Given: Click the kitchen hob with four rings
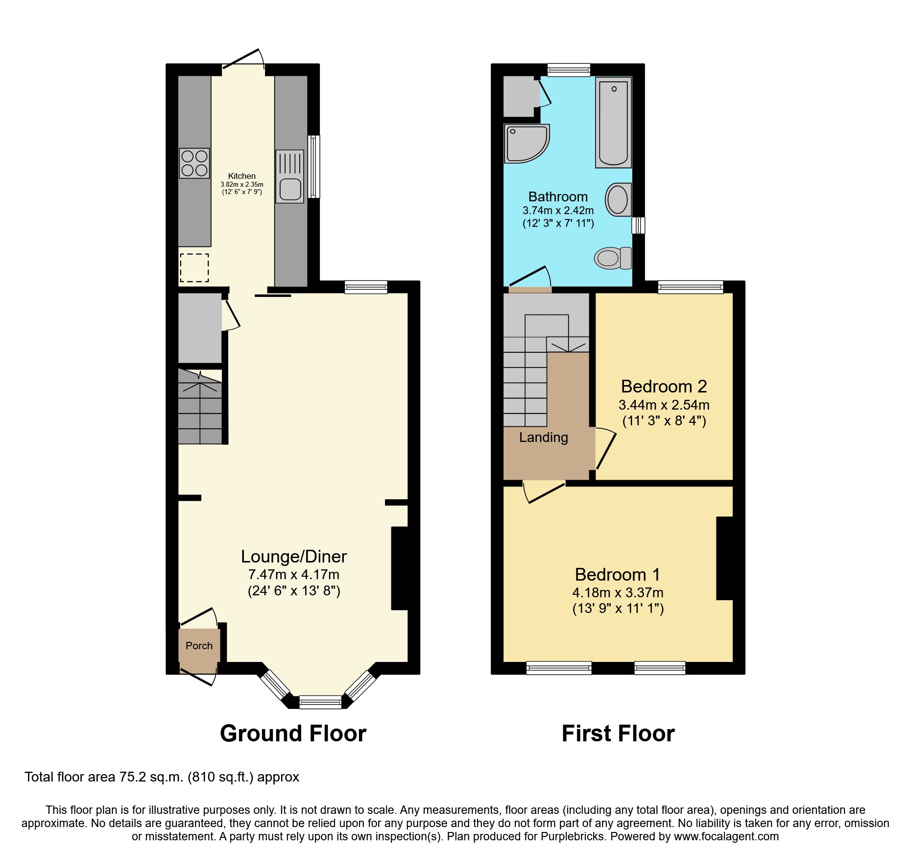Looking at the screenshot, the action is coord(194,163).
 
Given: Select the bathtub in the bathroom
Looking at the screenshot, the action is coord(613,122).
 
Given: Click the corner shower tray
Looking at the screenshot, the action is coord(527,144).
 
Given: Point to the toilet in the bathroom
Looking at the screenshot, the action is coord(613,258).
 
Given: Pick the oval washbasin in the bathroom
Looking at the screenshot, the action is coord(618,199).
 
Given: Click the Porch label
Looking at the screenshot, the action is coord(199,646).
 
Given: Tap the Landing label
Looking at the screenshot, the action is coord(544,437).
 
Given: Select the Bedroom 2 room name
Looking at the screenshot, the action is coord(664,387).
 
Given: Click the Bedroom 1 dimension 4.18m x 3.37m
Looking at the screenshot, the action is coord(618,592).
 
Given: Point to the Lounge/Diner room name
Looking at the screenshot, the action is coord(294,557).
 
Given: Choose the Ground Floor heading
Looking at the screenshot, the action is coord(293,733).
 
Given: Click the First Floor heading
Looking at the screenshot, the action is coord(618,733).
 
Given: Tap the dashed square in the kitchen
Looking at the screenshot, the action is coord(194,268).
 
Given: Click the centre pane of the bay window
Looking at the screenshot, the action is coord(320,702).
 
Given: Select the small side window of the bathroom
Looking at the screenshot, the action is coord(638,225).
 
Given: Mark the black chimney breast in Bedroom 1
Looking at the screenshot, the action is coord(724,558).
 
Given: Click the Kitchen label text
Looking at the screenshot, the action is coord(242,176).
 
